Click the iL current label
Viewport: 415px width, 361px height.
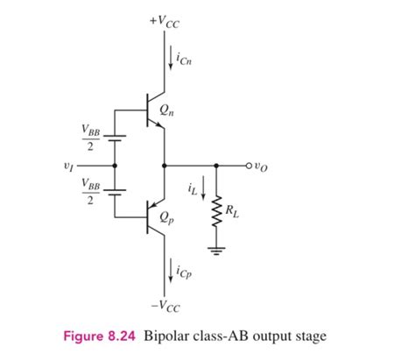click(192, 187)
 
